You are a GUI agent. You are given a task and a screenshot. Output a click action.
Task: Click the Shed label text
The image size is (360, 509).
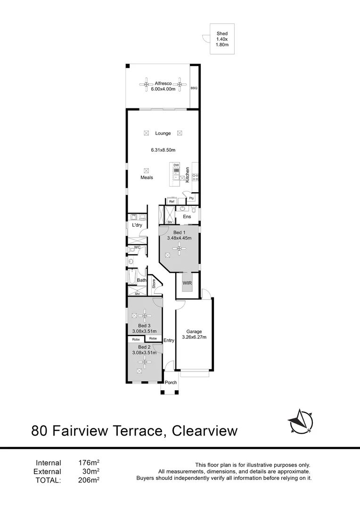[x=222, y=33]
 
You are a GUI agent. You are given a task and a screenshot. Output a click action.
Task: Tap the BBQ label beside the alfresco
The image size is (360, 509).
[x=194, y=88]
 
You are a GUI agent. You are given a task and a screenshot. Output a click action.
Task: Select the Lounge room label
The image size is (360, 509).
[x=163, y=133]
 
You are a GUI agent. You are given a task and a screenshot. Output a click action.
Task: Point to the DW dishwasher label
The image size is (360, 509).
[x=176, y=165]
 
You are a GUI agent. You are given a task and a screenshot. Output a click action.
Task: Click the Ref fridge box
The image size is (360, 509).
[x=172, y=202]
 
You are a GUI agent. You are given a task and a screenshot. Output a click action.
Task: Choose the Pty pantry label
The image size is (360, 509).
[x=191, y=198]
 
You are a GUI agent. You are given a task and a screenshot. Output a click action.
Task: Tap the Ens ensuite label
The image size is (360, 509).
[x=187, y=216]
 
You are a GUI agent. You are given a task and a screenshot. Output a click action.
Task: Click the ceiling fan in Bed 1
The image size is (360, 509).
[x=178, y=249]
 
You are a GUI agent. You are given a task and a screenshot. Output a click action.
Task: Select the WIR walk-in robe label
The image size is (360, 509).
[x=187, y=283]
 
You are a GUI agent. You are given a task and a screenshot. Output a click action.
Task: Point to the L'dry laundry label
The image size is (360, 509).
[x=137, y=225]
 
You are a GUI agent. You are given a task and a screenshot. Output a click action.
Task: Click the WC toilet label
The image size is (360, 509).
[x=137, y=247]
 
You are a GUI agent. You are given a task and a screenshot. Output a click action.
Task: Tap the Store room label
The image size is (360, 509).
[x=154, y=283]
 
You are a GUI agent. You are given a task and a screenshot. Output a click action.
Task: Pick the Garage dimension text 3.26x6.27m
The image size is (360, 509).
[x=194, y=337]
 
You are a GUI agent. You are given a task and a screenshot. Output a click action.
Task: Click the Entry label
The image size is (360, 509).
[x=169, y=340]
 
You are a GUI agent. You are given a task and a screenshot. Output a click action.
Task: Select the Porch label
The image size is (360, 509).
[x=171, y=382]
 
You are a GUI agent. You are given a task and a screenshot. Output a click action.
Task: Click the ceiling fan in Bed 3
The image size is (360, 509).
[x=145, y=315]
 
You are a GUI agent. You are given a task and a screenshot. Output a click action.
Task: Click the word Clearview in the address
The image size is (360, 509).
[x=205, y=431]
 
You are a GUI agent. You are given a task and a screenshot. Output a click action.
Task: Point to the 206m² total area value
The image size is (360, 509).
[x=89, y=480]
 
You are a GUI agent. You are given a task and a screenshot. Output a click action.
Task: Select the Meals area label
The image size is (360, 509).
[x=147, y=178]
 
